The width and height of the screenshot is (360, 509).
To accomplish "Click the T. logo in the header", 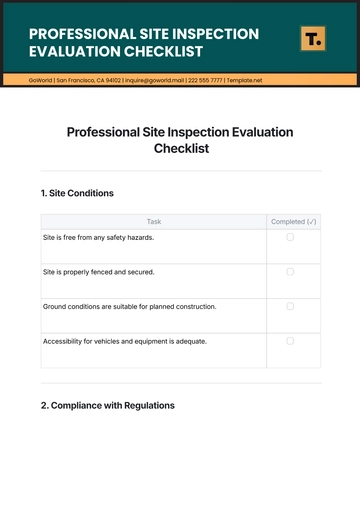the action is coord(313,40).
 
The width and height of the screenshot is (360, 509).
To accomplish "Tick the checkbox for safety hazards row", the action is coord(290,237).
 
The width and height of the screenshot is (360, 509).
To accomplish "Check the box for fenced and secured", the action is coord(290,271).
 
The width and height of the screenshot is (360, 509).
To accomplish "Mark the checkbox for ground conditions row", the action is coord(290,306).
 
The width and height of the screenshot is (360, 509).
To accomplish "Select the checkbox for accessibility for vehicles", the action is coord(290,341).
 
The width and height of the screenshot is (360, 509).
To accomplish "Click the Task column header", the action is coord(154,221).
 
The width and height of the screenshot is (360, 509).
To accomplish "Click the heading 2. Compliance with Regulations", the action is coord(108,406).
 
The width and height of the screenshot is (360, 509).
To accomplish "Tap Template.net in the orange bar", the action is coord(245,78).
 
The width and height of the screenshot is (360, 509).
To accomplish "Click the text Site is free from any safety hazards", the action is coord(98,237).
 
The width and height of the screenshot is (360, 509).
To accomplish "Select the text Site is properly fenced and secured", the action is coord(98,271).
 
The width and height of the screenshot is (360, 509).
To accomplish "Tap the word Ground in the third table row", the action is coord(54,306).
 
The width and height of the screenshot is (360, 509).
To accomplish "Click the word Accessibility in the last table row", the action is coord(61,341).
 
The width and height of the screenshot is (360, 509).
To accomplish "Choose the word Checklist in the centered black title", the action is coord(181,148).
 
